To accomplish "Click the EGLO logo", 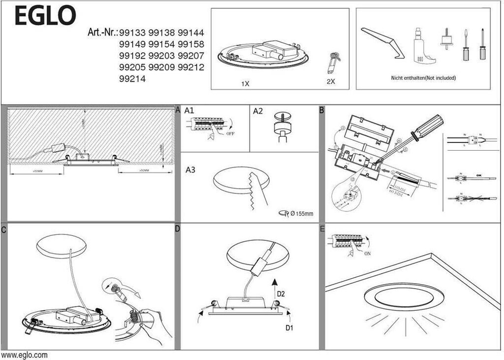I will click(45, 16).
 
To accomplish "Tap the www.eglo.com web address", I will click(25, 355).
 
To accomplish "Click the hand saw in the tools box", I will click(382, 42).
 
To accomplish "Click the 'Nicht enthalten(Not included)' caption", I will click(423, 78).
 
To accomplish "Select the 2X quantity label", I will click(330, 82).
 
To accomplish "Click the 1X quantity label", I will click(245, 84).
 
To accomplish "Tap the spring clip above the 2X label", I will click(333, 62).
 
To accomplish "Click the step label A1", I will click(189, 111).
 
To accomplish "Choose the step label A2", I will click(258, 111).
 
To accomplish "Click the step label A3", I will click(190, 170).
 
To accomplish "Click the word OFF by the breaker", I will click(230, 133).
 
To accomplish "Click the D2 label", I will click(281, 294).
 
